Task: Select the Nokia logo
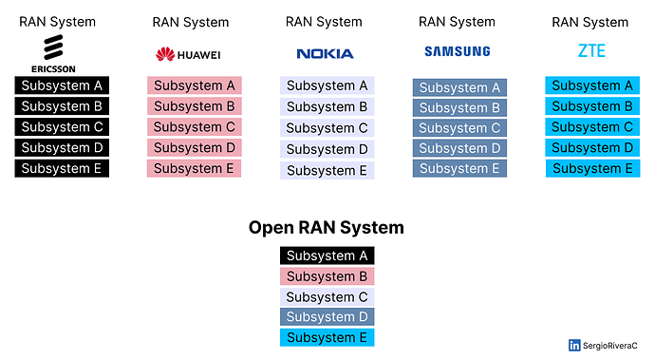(x=325, y=54)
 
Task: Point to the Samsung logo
(x=458, y=52)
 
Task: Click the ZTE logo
(x=590, y=51)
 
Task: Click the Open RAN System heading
(x=327, y=228)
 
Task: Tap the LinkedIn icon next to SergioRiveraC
(x=574, y=346)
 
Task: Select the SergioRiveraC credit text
(x=613, y=346)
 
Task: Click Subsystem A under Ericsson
(x=62, y=85)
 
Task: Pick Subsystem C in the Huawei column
(x=194, y=127)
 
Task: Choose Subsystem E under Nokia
(x=327, y=171)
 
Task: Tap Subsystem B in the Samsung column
(x=459, y=108)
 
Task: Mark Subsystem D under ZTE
(x=592, y=148)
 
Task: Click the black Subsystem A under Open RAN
(x=327, y=256)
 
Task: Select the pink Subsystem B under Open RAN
(x=327, y=276)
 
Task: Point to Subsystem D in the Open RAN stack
(x=327, y=317)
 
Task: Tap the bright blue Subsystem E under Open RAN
(x=327, y=338)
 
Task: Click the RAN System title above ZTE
(x=590, y=22)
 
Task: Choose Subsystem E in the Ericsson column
(x=62, y=169)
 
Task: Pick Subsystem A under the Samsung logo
(x=459, y=88)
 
